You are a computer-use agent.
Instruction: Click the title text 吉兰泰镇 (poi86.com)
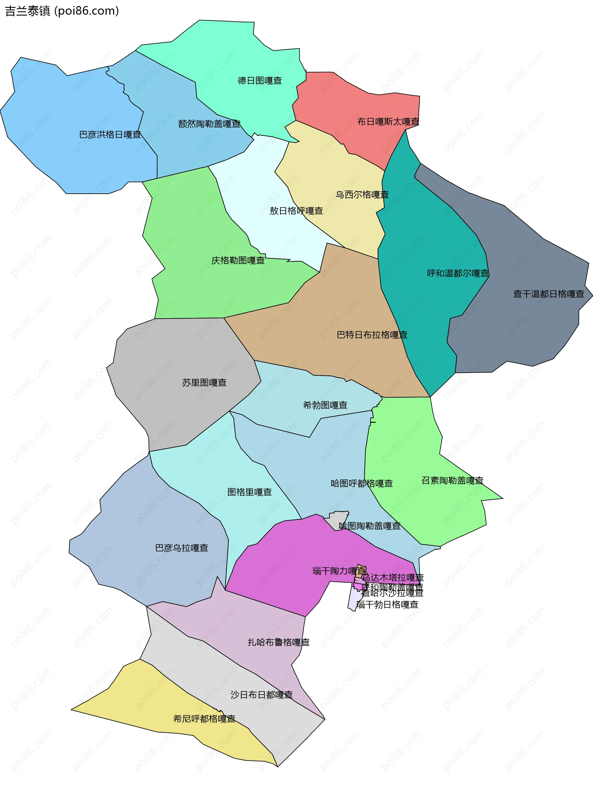[62, 11]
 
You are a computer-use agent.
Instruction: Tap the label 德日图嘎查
[260, 81]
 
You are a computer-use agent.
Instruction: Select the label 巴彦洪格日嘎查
[110, 135]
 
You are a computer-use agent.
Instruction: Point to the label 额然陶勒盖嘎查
[209, 124]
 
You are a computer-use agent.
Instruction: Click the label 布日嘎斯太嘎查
[388, 122]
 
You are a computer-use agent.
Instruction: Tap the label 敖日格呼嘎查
[296, 211]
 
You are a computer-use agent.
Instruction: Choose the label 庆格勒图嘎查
[238, 260]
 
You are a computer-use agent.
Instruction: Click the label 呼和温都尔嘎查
[458, 273]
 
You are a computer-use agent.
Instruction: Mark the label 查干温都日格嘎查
[549, 294]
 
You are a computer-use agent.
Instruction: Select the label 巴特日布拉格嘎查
[372, 335]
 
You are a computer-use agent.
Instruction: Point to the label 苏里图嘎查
[204, 383]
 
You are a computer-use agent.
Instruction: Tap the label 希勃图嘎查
[325, 405]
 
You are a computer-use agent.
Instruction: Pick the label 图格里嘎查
[249, 492]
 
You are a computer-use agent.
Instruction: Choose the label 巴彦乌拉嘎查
[181, 548]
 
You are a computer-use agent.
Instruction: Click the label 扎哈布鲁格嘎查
[279, 642]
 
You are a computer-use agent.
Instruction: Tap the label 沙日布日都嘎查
[262, 695]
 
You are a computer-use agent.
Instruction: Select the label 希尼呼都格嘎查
[204, 719]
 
